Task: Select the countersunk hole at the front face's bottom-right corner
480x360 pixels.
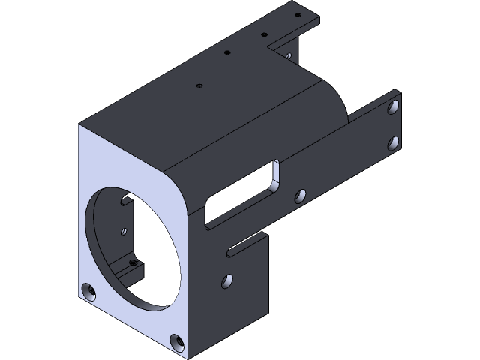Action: click(x=177, y=342)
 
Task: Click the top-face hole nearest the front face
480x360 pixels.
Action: click(x=199, y=85)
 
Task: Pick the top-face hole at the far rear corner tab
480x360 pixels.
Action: click(x=298, y=14)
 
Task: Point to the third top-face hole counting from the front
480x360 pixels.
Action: click(x=264, y=34)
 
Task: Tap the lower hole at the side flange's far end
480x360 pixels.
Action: click(x=392, y=142)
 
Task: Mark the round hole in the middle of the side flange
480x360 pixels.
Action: click(x=300, y=196)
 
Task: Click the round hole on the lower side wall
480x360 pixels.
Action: click(x=226, y=281)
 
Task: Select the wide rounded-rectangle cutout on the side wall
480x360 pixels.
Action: click(x=240, y=196)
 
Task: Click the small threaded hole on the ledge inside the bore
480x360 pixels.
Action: click(x=133, y=263)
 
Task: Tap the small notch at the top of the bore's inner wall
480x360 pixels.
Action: click(x=124, y=200)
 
